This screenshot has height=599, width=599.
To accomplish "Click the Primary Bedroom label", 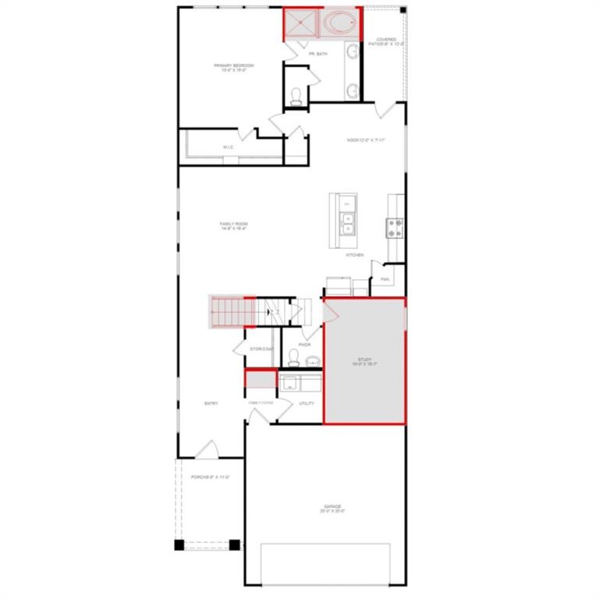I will (x=234, y=67).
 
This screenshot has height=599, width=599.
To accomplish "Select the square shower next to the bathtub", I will (x=301, y=23).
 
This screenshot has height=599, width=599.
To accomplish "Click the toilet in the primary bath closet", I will (x=296, y=97).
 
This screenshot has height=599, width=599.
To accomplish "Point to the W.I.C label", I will (x=229, y=147).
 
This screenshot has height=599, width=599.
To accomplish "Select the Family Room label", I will (x=233, y=226).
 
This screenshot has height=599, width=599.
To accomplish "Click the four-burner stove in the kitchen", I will (x=395, y=227).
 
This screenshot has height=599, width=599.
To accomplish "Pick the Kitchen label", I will (x=355, y=255).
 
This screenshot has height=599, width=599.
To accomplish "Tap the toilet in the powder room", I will (x=294, y=358).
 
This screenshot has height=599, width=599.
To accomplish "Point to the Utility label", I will (x=307, y=403).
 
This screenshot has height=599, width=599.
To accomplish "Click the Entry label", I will (x=211, y=403).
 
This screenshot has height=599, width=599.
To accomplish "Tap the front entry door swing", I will (x=206, y=450).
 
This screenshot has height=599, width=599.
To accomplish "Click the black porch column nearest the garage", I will (x=233, y=544).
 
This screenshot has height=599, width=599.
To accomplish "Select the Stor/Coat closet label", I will (x=261, y=349).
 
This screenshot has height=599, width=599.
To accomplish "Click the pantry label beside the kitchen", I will (x=385, y=278).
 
